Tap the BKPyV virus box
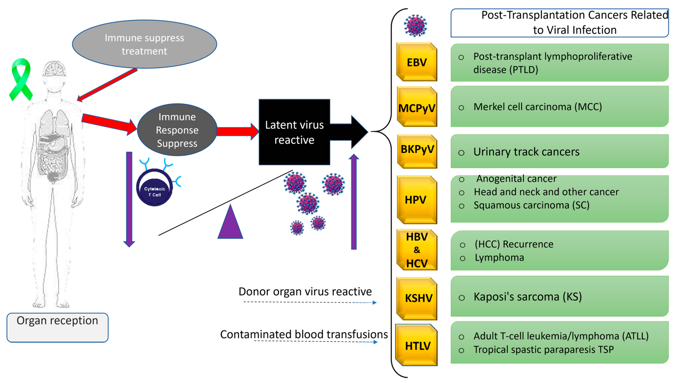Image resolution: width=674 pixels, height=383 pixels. [x=417, y=151]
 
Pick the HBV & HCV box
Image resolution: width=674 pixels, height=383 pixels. [x=417, y=250]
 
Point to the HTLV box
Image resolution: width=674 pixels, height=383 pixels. [x=417, y=345]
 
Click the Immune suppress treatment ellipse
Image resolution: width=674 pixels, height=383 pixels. [x=145, y=44]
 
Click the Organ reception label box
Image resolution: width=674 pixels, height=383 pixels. [x=57, y=327]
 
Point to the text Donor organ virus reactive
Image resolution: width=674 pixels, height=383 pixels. [x=305, y=291]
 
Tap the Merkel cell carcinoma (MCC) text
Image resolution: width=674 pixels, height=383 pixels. [x=537, y=107]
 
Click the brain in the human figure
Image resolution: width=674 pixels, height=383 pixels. [x=55, y=69]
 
